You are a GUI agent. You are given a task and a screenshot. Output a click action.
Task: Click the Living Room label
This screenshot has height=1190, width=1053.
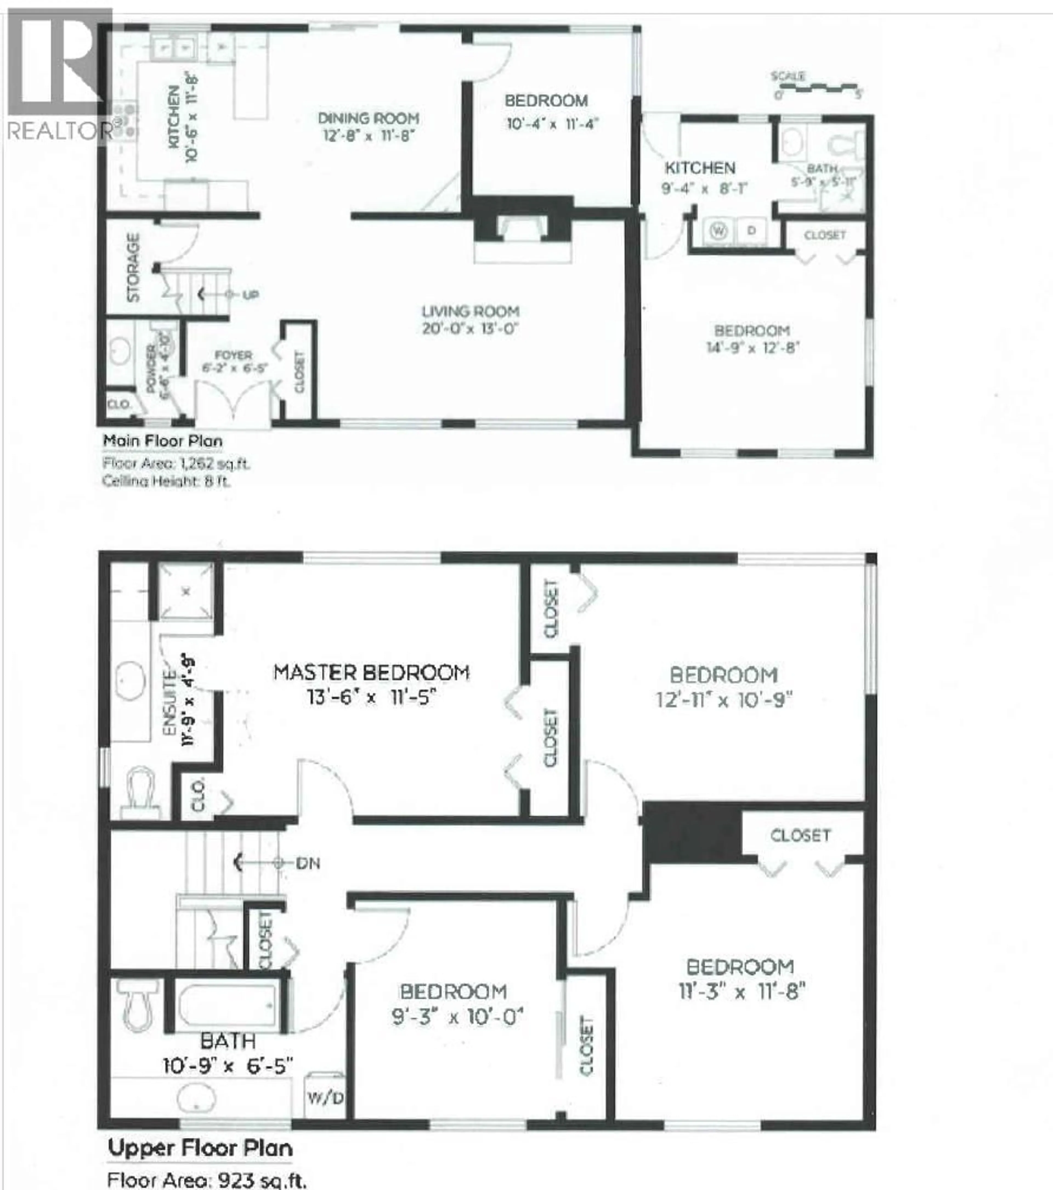tap(470, 312)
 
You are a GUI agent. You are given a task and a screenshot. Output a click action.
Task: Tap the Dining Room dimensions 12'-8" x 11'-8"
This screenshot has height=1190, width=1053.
tap(369, 136)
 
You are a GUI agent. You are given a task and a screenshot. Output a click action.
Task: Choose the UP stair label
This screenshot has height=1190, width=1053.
tap(250, 295)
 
